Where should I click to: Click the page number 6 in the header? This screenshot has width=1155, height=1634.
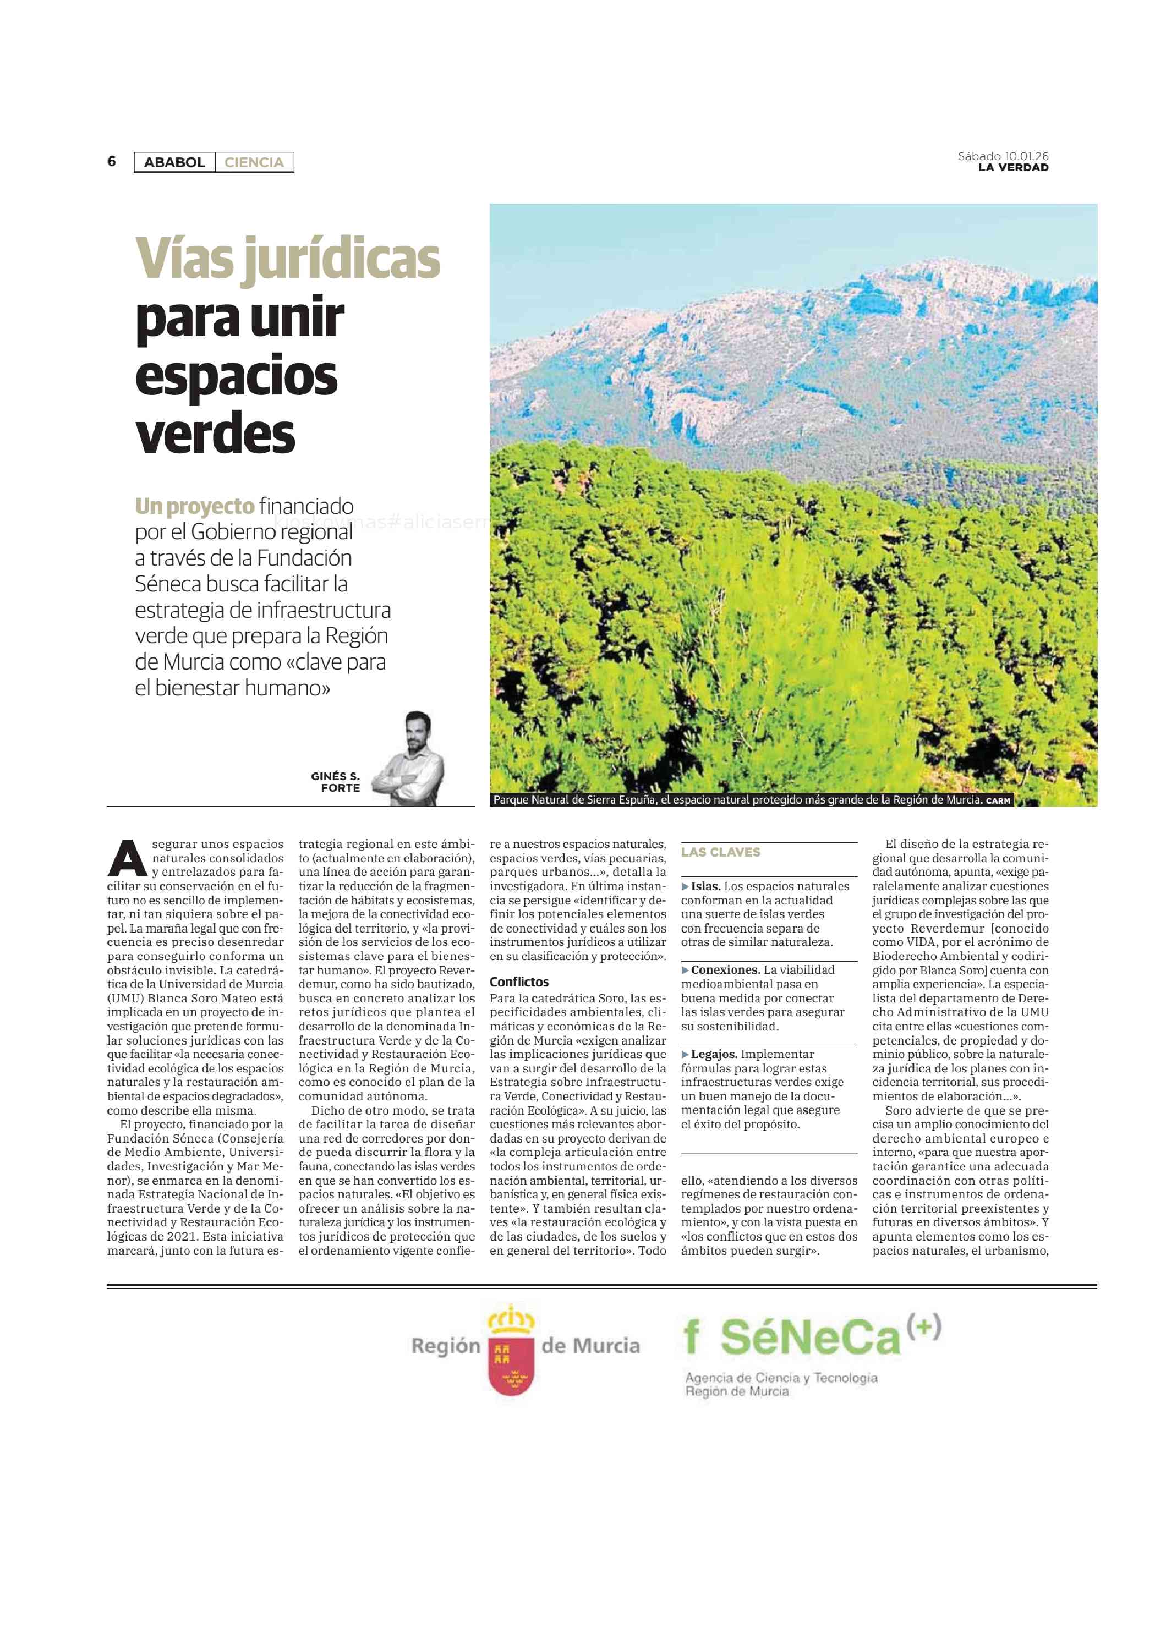coord(112,162)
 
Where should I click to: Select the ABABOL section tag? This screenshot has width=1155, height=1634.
coord(174,162)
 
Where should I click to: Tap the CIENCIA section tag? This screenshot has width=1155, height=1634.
coord(254,162)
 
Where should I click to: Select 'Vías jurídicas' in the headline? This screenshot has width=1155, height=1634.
coord(287,259)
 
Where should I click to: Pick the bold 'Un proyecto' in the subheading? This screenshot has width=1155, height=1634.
coord(194,506)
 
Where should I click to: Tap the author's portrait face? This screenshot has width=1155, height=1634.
coord(417,732)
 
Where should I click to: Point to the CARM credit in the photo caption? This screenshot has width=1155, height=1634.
coord(998,800)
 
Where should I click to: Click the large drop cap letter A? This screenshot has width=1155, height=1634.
coord(127,859)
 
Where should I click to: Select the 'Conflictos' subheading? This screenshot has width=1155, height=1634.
coord(519,982)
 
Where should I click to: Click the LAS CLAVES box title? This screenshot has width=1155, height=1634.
coord(720,852)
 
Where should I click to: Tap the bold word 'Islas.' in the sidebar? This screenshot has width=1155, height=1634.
coord(706,886)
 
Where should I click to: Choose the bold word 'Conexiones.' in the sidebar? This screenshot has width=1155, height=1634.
coord(725,970)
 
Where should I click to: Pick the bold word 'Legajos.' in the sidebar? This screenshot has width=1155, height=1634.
coord(714,1054)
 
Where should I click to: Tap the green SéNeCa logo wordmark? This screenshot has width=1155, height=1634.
coord(810,1338)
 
